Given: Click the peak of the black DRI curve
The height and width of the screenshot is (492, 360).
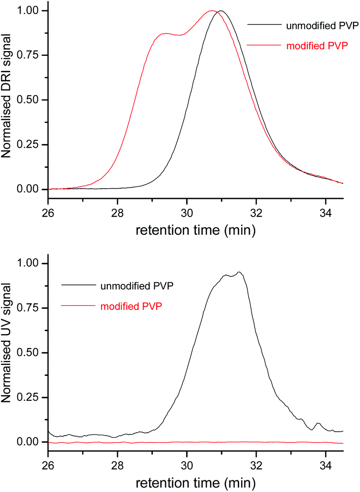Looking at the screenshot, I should [x=221, y=11].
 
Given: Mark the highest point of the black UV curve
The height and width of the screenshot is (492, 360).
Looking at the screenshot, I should [x=239, y=272].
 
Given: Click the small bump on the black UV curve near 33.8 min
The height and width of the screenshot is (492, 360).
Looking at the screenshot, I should [x=318, y=423].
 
